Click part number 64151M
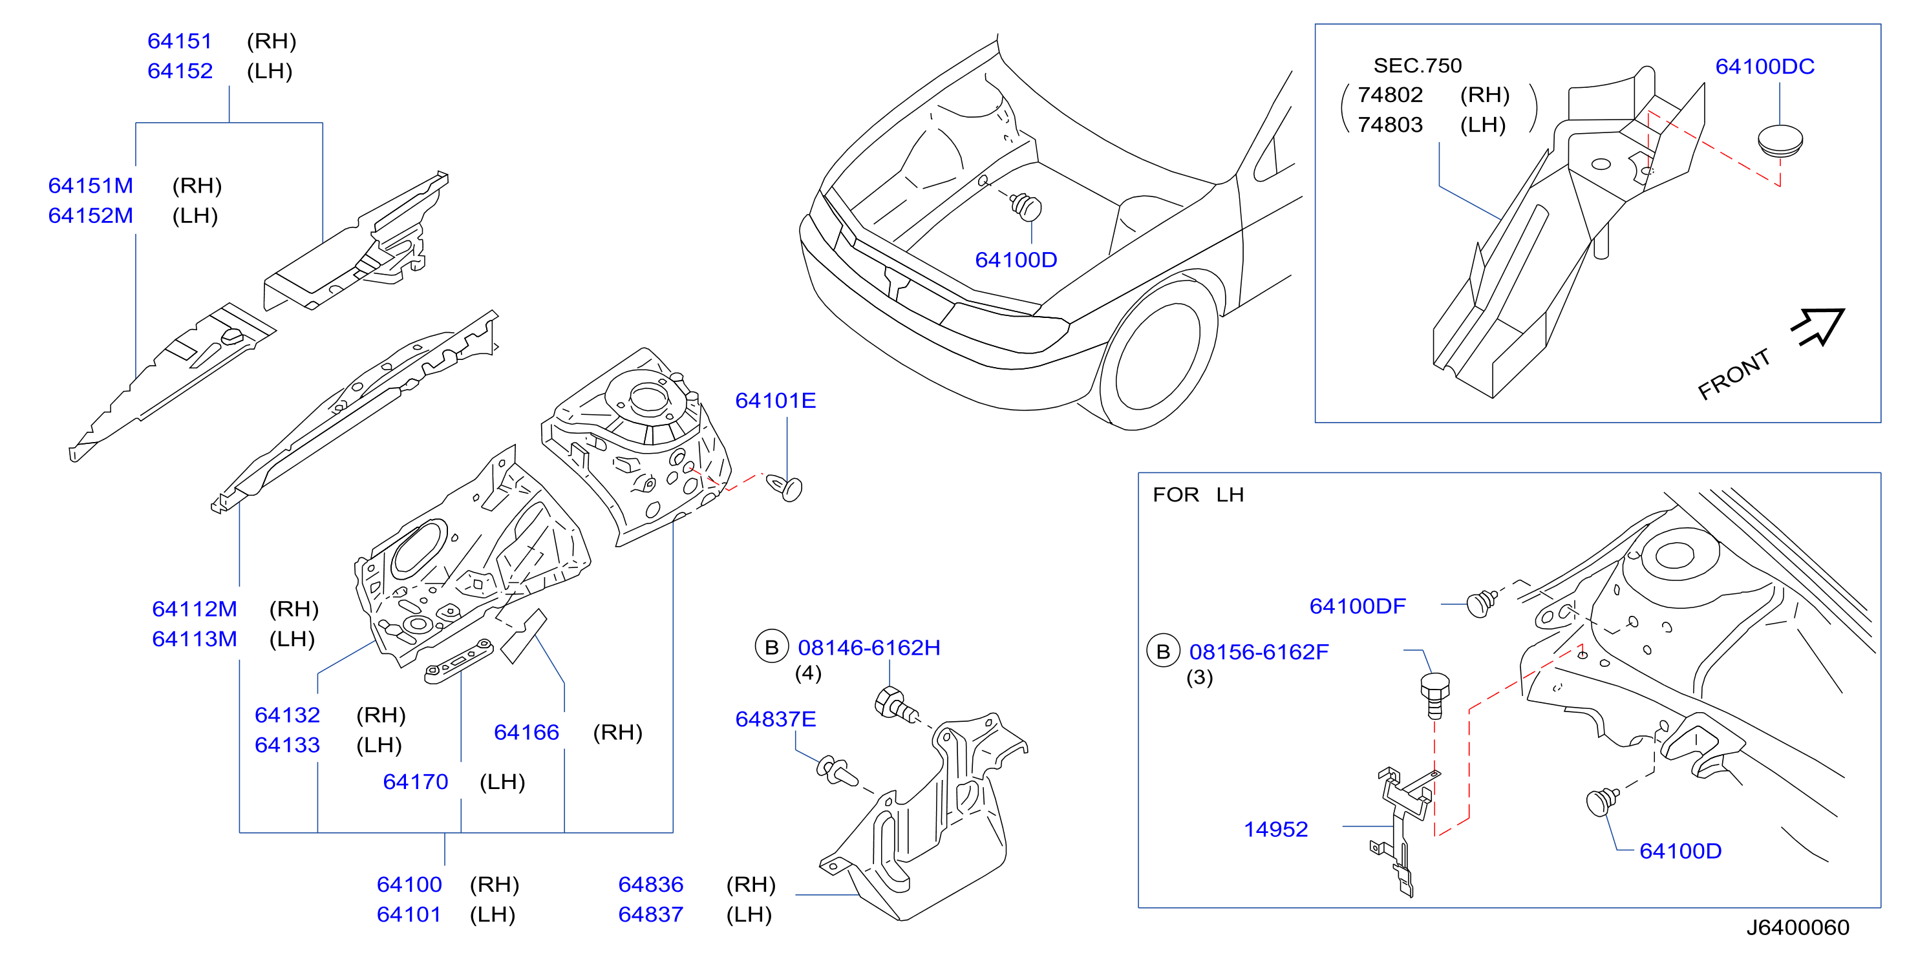(91, 185)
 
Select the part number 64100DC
(1764, 66)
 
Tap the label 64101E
(775, 401)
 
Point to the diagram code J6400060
(1797, 927)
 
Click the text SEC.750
(1418, 66)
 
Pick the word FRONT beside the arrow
(1734, 374)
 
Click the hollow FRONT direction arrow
(1818, 326)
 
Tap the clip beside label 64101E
(784, 487)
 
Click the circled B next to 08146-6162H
(771, 648)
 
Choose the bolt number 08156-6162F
(1259, 652)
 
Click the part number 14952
(1275, 830)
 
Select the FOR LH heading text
(1198, 495)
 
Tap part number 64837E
(775, 719)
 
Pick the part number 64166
(526, 732)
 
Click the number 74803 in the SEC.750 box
(1390, 124)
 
